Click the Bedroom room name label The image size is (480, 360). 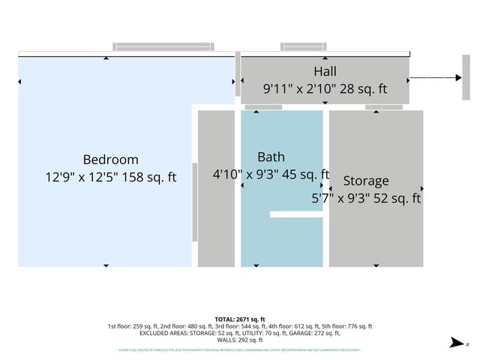pyautogui.click(x=110, y=159)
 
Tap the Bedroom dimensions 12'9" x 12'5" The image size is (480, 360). pyautogui.click(x=84, y=178)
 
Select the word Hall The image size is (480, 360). pyautogui.click(x=325, y=71)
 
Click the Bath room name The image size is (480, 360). pyautogui.click(x=271, y=157)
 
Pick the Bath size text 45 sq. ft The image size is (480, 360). pyautogui.click(x=304, y=175)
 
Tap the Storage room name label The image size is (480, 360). pyautogui.click(x=366, y=181)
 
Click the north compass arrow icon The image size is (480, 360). pyautogui.click(x=454, y=343)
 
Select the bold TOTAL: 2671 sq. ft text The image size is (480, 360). pyautogui.click(x=240, y=319)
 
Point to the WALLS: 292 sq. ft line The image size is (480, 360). pyautogui.click(x=240, y=339)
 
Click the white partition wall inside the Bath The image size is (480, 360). pyautogui.click(x=296, y=214)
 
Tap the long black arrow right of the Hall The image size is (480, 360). pyautogui.click(x=435, y=77)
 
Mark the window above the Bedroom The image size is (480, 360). pyautogui.click(x=146, y=47)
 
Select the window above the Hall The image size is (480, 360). pyautogui.click(x=304, y=47)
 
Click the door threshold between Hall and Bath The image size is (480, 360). pyautogui.click(x=263, y=107)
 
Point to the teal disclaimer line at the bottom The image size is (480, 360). pyautogui.click(x=240, y=349)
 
